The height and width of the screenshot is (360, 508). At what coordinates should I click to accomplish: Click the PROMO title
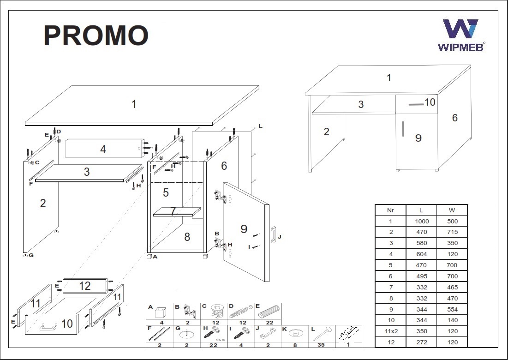click(x=96, y=36)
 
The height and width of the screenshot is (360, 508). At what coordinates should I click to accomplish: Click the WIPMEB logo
click(x=461, y=35)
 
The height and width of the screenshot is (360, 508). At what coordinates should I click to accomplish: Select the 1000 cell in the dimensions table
click(x=422, y=222)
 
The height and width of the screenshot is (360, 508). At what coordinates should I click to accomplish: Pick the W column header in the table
click(x=452, y=210)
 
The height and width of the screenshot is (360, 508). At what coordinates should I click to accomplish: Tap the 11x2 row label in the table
click(x=391, y=331)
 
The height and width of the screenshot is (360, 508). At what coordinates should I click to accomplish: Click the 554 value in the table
click(x=452, y=309)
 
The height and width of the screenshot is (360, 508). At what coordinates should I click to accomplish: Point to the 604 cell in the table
click(x=422, y=254)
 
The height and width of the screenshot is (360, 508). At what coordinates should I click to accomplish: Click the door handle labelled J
click(x=273, y=234)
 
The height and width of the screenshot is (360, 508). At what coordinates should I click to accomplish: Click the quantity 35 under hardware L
click(x=321, y=345)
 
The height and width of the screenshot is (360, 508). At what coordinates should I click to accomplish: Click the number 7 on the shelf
click(x=173, y=211)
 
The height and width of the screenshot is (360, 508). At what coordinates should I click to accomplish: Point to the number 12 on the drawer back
click(x=84, y=286)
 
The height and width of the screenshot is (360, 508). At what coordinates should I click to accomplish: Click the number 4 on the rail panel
click(x=103, y=149)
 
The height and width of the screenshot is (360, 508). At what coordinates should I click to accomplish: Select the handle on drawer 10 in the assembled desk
click(x=416, y=104)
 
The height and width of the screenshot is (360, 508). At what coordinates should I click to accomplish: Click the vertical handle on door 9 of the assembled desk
click(x=403, y=129)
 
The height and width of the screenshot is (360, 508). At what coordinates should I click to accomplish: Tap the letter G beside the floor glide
click(x=31, y=255)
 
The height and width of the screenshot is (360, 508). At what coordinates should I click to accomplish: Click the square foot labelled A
click(x=149, y=257)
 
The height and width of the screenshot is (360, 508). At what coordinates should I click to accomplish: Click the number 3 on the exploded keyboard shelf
click(x=87, y=172)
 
